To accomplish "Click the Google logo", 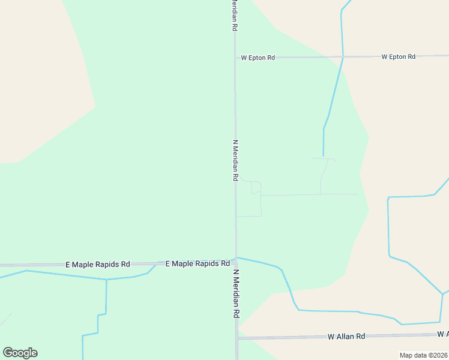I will click(20, 353).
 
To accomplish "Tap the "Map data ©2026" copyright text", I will click(423, 355).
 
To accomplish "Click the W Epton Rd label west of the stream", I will click(258, 58).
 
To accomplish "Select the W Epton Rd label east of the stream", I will click(398, 56).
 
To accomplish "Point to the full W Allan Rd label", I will click(346, 337).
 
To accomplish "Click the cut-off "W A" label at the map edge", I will click(442, 334).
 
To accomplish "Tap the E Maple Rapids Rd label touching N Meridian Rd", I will click(197, 263).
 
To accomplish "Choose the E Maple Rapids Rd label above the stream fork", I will click(97, 264).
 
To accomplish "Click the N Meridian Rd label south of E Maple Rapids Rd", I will click(237, 294).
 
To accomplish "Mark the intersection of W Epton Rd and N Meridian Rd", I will click(235, 58).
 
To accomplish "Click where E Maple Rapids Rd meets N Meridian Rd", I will click(236, 262).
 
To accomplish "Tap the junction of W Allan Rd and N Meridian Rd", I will click(237, 338).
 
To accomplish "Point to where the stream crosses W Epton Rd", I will click(343, 56).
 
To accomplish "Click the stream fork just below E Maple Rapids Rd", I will click(106, 280).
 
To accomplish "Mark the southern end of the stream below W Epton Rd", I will click(324, 156).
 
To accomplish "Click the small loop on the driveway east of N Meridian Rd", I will click(256, 187).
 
